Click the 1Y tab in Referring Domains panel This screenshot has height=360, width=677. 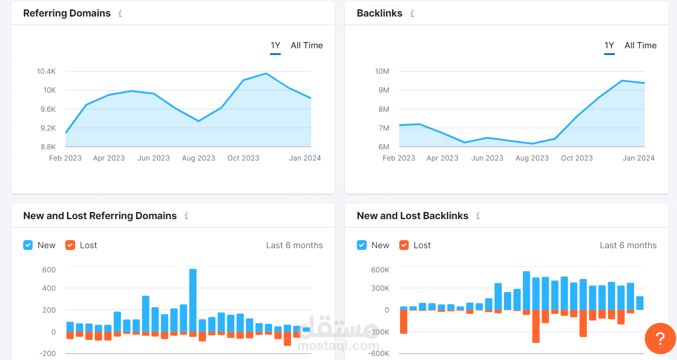click(275, 46)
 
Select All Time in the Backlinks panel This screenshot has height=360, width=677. click(640, 46)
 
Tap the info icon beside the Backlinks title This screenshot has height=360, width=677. click(412, 14)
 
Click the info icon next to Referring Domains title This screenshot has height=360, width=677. click(120, 14)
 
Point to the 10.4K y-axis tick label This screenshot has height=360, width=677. click(46, 72)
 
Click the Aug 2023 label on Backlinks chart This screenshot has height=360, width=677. click(532, 158)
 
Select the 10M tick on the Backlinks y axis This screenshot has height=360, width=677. click(382, 72)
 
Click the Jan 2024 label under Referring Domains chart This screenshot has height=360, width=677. click(305, 158)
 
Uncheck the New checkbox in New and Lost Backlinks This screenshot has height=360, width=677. click(362, 245)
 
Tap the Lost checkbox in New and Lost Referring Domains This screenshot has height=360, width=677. click(70, 245)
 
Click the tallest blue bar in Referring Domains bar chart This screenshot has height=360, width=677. click(193, 300)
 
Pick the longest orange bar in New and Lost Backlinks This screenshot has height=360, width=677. click(536, 326)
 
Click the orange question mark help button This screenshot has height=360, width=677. click(660, 339)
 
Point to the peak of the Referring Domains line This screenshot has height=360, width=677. click(266, 73)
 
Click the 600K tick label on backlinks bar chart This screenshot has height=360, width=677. click(380, 270)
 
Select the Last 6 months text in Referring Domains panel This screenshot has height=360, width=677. click(294, 246)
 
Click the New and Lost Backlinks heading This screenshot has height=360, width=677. click(412, 216)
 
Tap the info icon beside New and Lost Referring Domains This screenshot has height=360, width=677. click(186, 216)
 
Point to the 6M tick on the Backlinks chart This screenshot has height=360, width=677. click(384, 147)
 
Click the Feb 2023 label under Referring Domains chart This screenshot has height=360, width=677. click(65, 158)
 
